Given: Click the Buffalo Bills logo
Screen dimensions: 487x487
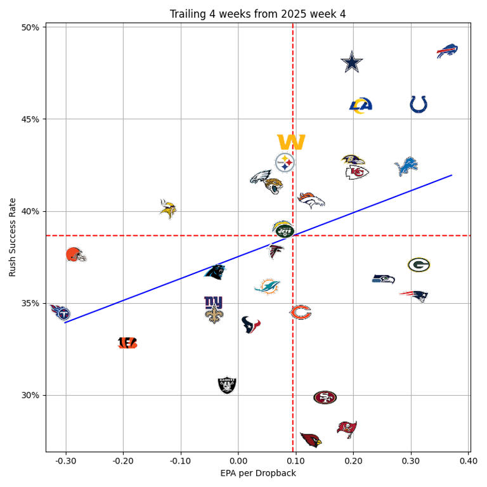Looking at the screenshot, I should pos(447,51).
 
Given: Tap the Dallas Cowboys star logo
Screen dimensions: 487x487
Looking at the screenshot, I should pos(352,62).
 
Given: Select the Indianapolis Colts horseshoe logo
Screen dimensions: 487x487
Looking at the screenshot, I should pos(419,104).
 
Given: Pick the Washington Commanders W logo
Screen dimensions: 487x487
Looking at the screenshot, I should pos(291,142).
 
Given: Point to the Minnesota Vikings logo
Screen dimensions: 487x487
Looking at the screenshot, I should pos(167,209).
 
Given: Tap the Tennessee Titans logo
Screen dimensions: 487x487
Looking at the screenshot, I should pos(60,312).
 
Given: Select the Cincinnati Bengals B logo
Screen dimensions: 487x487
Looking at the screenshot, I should pos(127,343).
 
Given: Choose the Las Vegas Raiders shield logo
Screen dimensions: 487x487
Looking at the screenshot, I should pos(227,385).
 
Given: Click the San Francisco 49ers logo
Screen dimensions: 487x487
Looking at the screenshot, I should pos(325,398).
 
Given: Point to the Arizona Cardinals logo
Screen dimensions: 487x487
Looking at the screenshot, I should pos(311,439).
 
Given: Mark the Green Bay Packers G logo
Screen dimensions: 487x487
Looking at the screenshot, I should pos(419,265).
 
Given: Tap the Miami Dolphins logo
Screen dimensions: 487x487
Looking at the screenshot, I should pos(267,287).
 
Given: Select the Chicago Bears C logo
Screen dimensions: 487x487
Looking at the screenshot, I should pos(301,312).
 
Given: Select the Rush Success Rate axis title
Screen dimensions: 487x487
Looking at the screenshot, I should pos(13,237).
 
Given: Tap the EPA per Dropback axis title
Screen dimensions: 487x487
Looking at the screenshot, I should pos(257,473).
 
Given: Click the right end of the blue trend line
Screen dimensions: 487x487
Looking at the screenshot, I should pos(451,175).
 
